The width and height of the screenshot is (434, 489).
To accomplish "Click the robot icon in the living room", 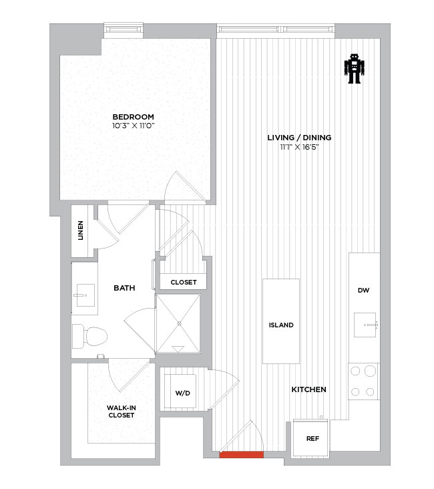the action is tap(354, 69).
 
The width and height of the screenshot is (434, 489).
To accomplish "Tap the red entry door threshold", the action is tap(241, 455).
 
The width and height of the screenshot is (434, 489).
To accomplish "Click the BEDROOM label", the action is tap(133, 117).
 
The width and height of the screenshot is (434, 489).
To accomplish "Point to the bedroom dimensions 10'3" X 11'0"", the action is tap(134, 126).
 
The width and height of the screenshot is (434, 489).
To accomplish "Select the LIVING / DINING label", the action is tap(299, 138).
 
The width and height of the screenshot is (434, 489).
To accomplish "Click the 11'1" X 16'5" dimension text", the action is tap(299, 147).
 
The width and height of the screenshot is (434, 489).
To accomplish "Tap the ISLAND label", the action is tap(281, 325).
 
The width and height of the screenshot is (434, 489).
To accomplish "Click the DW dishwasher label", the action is tap(363, 291).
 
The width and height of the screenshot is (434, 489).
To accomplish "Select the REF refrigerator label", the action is tap(312, 438).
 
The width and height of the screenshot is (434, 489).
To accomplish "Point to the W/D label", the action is tap(183, 393).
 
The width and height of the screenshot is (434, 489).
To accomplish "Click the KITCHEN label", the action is tap(308, 389).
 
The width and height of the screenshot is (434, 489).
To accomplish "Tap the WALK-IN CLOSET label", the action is tap(122, 412).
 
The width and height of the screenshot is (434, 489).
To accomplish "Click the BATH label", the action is tap(124, 288).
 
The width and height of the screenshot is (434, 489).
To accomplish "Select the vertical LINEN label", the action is tap(80, 230).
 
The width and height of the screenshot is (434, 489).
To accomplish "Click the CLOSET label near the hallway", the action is tap(184, 282).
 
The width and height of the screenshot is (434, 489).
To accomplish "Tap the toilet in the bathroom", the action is tap(89, 336).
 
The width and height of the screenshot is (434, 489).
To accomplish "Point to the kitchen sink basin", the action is tap(365, 325).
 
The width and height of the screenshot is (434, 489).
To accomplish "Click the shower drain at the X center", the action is tap(179, 324).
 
